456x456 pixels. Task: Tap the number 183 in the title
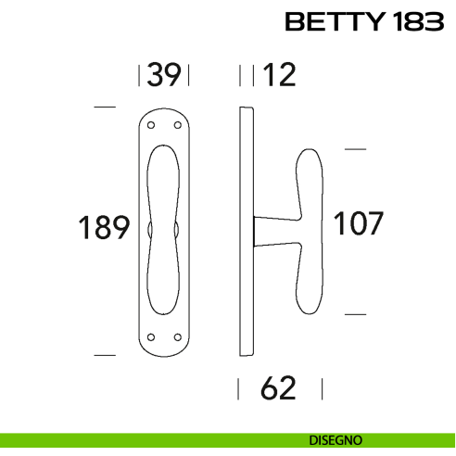tap(412, 22)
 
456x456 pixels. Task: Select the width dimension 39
tap(164, 75)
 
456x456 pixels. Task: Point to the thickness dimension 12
tap(279, 75)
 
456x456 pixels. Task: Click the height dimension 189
tap(103, 227)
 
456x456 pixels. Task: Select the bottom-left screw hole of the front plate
tap(151, 336)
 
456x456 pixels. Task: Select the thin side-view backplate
tap(246, 232)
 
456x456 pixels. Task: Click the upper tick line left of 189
tap(106, 108)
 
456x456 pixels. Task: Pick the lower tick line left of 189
tap(106, 354)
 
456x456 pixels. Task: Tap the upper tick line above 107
tap(356, 147)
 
